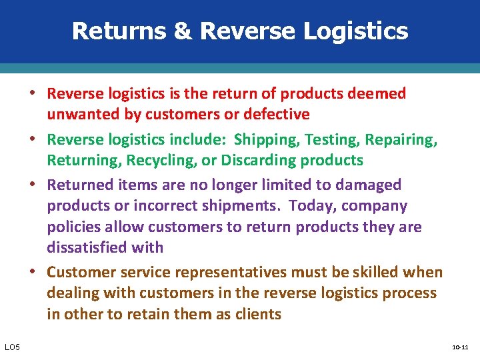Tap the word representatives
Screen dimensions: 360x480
point(237,272)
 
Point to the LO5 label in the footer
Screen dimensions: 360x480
point(12,347)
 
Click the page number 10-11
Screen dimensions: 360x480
point(460,347)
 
